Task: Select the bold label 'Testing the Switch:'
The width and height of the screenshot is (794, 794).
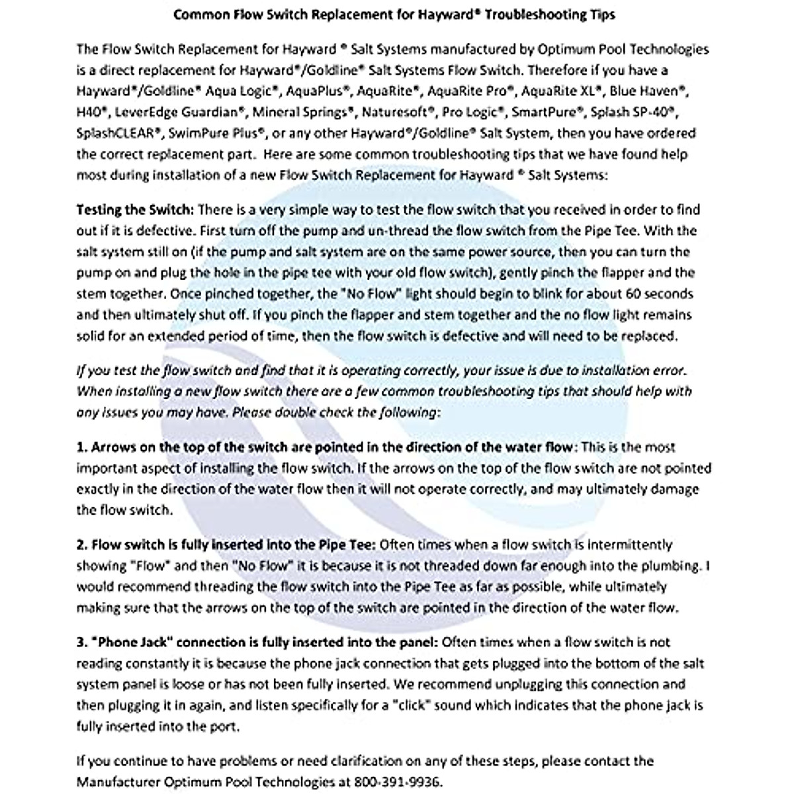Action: (135, 210)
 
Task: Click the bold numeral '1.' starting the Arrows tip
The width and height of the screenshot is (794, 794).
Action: (82, 447)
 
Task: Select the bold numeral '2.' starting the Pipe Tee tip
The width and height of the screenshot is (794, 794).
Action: (82, 545)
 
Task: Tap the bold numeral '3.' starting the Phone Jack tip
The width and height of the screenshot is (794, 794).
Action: (82, 642)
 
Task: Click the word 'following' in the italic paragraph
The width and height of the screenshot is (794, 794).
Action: (406, 412)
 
